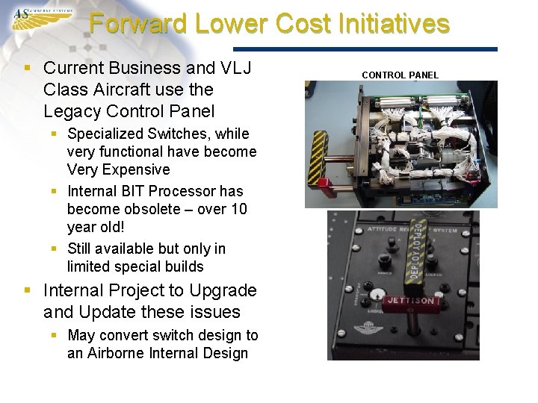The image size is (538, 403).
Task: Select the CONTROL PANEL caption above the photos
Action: point(400,75)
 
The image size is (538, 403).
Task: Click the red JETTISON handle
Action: point(410,302)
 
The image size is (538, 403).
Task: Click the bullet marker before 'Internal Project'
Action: point(28,290)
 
